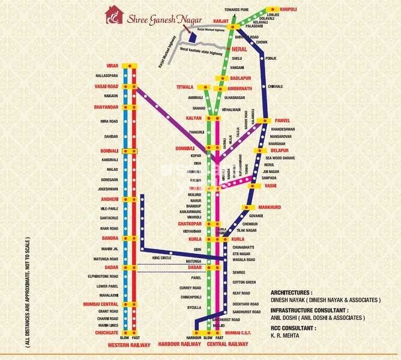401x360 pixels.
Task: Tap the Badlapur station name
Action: pos(241,78)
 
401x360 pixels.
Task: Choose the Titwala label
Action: pos(185,87)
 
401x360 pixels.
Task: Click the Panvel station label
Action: pos(282,120)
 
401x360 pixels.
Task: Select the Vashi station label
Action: pos(270,186)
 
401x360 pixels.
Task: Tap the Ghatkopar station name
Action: pos(189,224)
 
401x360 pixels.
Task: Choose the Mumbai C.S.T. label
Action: pos(236,332)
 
